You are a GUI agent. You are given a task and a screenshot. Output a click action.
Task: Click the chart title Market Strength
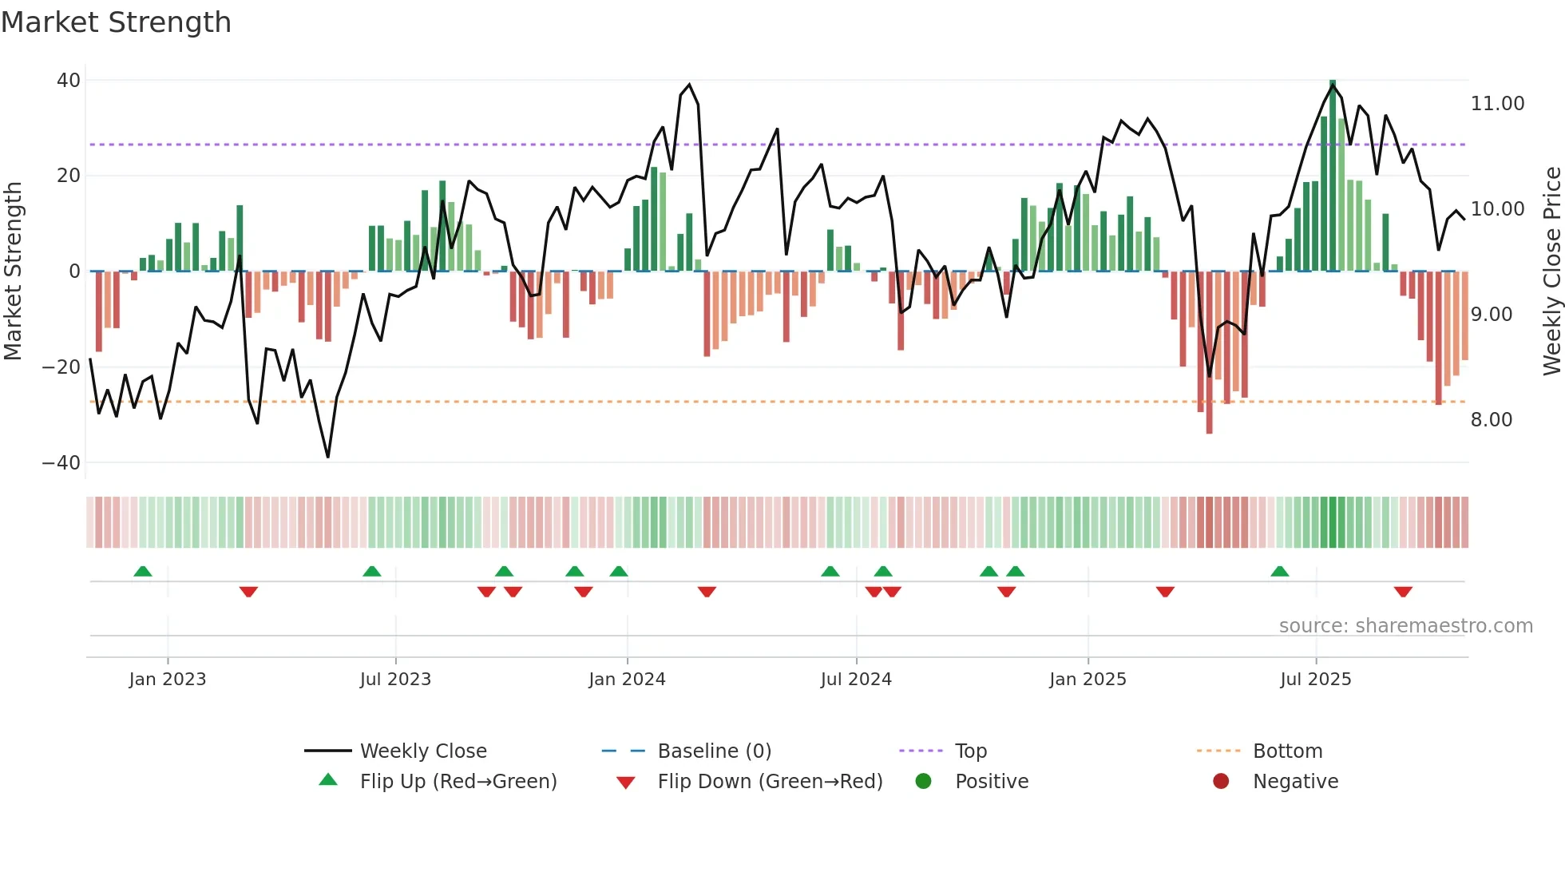(116, 22)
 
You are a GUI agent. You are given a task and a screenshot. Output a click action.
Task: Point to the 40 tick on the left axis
(69, 81)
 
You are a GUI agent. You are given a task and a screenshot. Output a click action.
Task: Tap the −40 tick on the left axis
(61, 463)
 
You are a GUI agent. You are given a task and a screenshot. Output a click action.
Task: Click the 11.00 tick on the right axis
(1497, 104)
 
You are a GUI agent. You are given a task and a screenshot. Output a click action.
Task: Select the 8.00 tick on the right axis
(1491, 420)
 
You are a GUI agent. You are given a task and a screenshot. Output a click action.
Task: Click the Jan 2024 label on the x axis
(627, 680)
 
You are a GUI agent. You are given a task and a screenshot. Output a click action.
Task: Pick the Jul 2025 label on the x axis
(1315, 680)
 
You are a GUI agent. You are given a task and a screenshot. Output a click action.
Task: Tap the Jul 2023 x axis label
(395, 680)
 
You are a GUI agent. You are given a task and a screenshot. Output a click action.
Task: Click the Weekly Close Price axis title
(1551, 272)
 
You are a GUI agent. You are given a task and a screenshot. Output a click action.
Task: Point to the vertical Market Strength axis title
(13, 272)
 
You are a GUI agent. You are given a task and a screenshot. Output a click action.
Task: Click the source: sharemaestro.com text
(1405, 626)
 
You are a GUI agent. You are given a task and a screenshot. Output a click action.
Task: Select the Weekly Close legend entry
(423, 751)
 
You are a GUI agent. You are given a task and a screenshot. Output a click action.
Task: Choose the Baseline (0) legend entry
(714, 751)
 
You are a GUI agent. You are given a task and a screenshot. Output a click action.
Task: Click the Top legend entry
(971, 751)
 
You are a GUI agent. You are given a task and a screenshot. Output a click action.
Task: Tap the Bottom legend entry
(1287, 751)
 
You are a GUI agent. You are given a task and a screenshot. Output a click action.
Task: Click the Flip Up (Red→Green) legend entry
(458, 782)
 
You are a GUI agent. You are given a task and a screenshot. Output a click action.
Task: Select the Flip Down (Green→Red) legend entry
(770, 782)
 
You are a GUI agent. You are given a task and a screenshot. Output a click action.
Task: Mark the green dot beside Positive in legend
(924, 782)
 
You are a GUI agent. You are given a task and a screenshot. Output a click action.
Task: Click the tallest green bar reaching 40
(1333, 176)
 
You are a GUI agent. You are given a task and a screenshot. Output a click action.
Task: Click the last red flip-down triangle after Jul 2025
(1403, 592)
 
